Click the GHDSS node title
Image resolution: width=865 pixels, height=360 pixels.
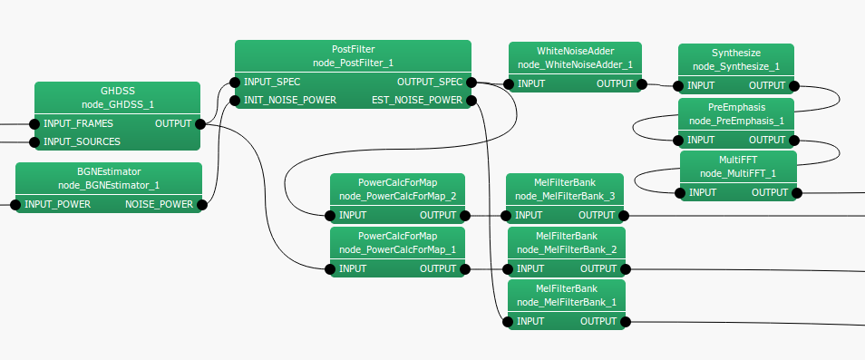[x=117, y=91]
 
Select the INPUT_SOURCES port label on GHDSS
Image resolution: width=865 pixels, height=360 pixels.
[x=82, y=141]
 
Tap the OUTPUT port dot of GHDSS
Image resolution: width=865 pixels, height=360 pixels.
[x=200, y=123]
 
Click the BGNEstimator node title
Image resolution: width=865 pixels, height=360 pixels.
[x=109, y=171]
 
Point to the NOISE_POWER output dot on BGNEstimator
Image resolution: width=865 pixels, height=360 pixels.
[x=202, y=205]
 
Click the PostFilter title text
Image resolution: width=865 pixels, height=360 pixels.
[x=353, y=49]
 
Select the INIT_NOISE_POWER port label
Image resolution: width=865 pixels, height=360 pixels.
[x=291, y=100]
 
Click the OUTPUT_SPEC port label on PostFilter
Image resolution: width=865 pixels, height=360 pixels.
[x=429, y=82]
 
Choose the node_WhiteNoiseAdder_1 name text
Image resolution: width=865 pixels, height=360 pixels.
[x=575, y=64]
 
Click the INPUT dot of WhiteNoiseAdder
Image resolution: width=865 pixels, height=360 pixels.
[x=509, y=85]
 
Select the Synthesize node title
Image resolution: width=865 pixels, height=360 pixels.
[x=735, y=53]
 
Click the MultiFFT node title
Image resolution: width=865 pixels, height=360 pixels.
[x=737, y=160]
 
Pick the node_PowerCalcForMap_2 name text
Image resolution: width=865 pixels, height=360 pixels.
[x=397, y=196]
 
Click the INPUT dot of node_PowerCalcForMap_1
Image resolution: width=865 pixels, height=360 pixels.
[x=330, y=268]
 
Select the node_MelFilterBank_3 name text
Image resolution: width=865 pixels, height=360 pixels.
[x=566, y=196]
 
